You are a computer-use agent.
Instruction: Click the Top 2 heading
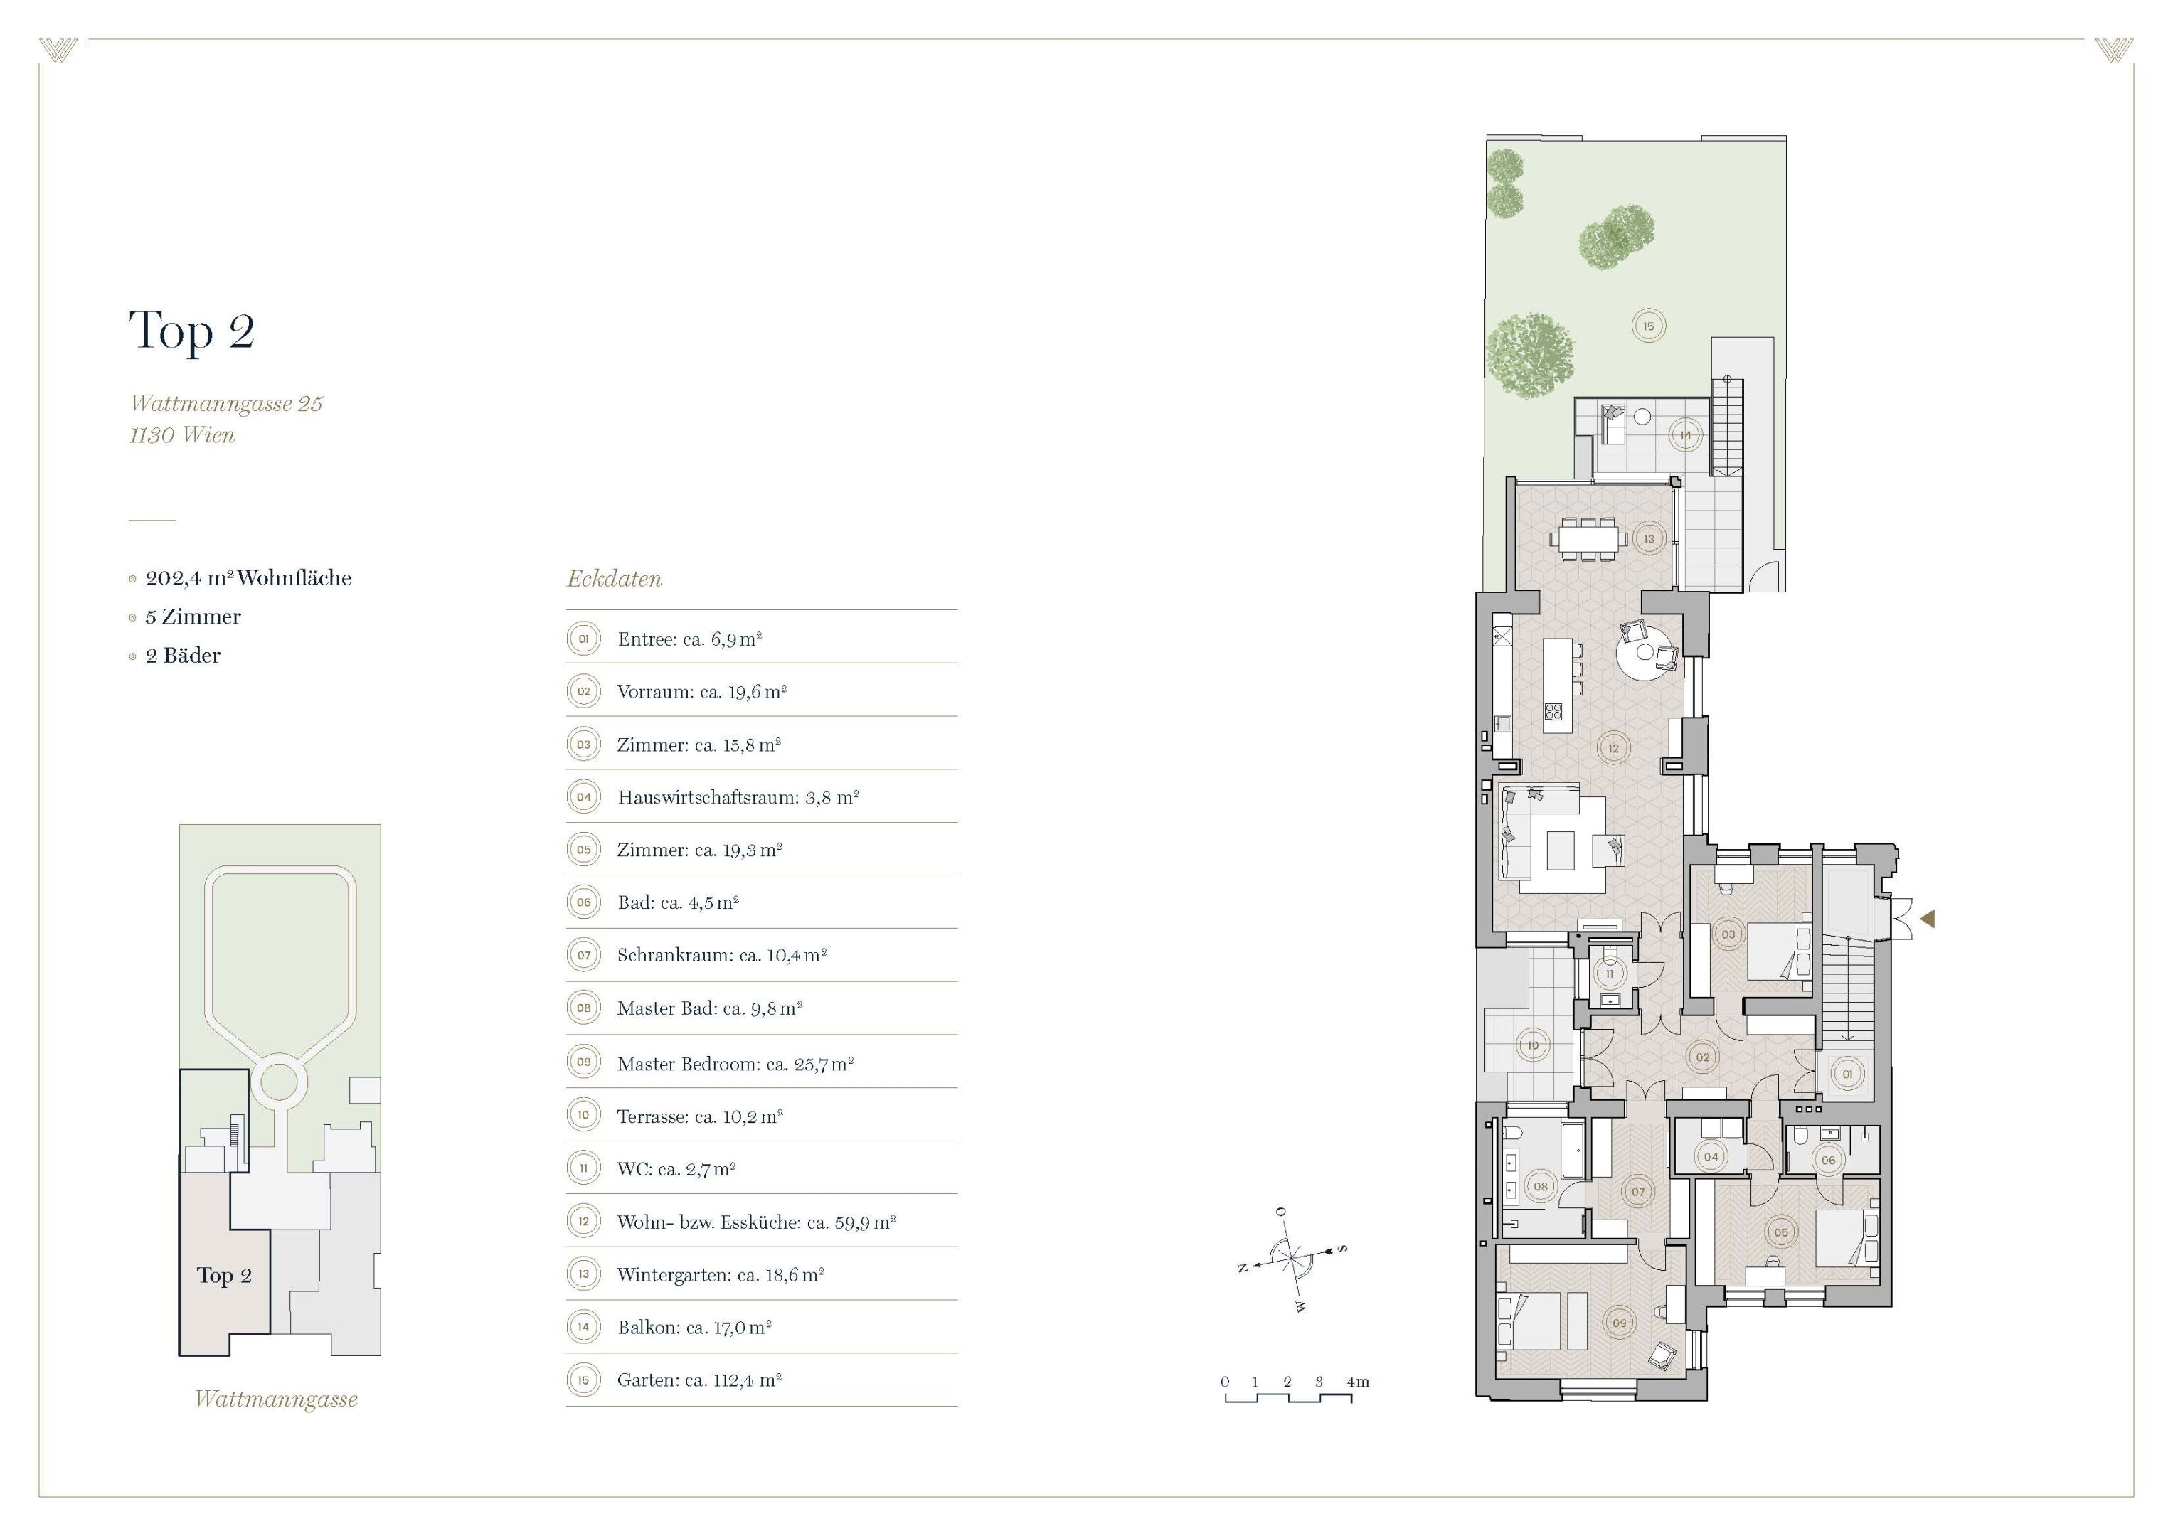tap(192, 331)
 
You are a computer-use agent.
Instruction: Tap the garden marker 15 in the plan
tap(1648, 326)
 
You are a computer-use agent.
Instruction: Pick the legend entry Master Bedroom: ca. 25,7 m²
tap(735, 1064)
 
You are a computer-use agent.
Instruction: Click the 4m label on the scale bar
tap(1357, 1382)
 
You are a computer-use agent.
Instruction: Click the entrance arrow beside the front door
tap(1927, 918)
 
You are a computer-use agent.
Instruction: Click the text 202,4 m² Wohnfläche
tap(248, 578)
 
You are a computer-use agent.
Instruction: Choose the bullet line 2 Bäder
tap(183, 656)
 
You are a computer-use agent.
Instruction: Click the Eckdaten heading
tap(615, 579)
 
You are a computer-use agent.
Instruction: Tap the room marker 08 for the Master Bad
tap(1540, 1186)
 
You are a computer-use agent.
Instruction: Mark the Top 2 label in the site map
tap(223, 1276)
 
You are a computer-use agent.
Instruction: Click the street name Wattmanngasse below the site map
tap(277, 1399)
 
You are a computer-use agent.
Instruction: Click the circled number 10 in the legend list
tap(583, 1115)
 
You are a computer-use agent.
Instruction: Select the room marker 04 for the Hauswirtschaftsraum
tap(1710, 1156)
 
